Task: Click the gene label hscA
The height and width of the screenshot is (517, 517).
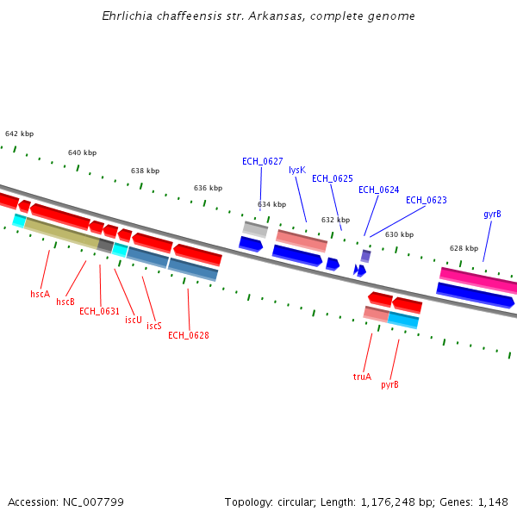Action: [40, 294]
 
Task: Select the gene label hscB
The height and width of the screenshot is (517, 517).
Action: [65, 302]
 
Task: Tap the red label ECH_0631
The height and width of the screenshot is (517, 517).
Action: [99, 311]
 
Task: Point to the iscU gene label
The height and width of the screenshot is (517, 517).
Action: [133, 320]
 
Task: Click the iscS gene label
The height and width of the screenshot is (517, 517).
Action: [154, 326]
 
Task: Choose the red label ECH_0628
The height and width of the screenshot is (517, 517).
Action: [188, 335]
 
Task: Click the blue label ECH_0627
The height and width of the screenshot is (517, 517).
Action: [262, 161]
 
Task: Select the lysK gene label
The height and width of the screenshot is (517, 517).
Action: [297, 171]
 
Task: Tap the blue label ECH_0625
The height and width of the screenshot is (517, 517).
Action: [332, 178]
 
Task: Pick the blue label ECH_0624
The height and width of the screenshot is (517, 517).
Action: [378, 190]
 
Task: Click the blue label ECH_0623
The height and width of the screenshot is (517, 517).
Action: [426, 200]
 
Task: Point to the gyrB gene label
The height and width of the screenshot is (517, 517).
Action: [492, 214]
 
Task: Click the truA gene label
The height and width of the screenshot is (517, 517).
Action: [362, 377]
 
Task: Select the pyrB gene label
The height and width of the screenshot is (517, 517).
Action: [389, 384]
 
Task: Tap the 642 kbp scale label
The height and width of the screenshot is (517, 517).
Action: [19, 134]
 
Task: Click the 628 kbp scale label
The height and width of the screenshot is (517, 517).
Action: [464, 248]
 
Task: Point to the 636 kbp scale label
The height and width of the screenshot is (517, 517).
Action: [208, 188]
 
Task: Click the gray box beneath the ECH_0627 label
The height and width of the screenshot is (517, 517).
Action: [255, 229]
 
